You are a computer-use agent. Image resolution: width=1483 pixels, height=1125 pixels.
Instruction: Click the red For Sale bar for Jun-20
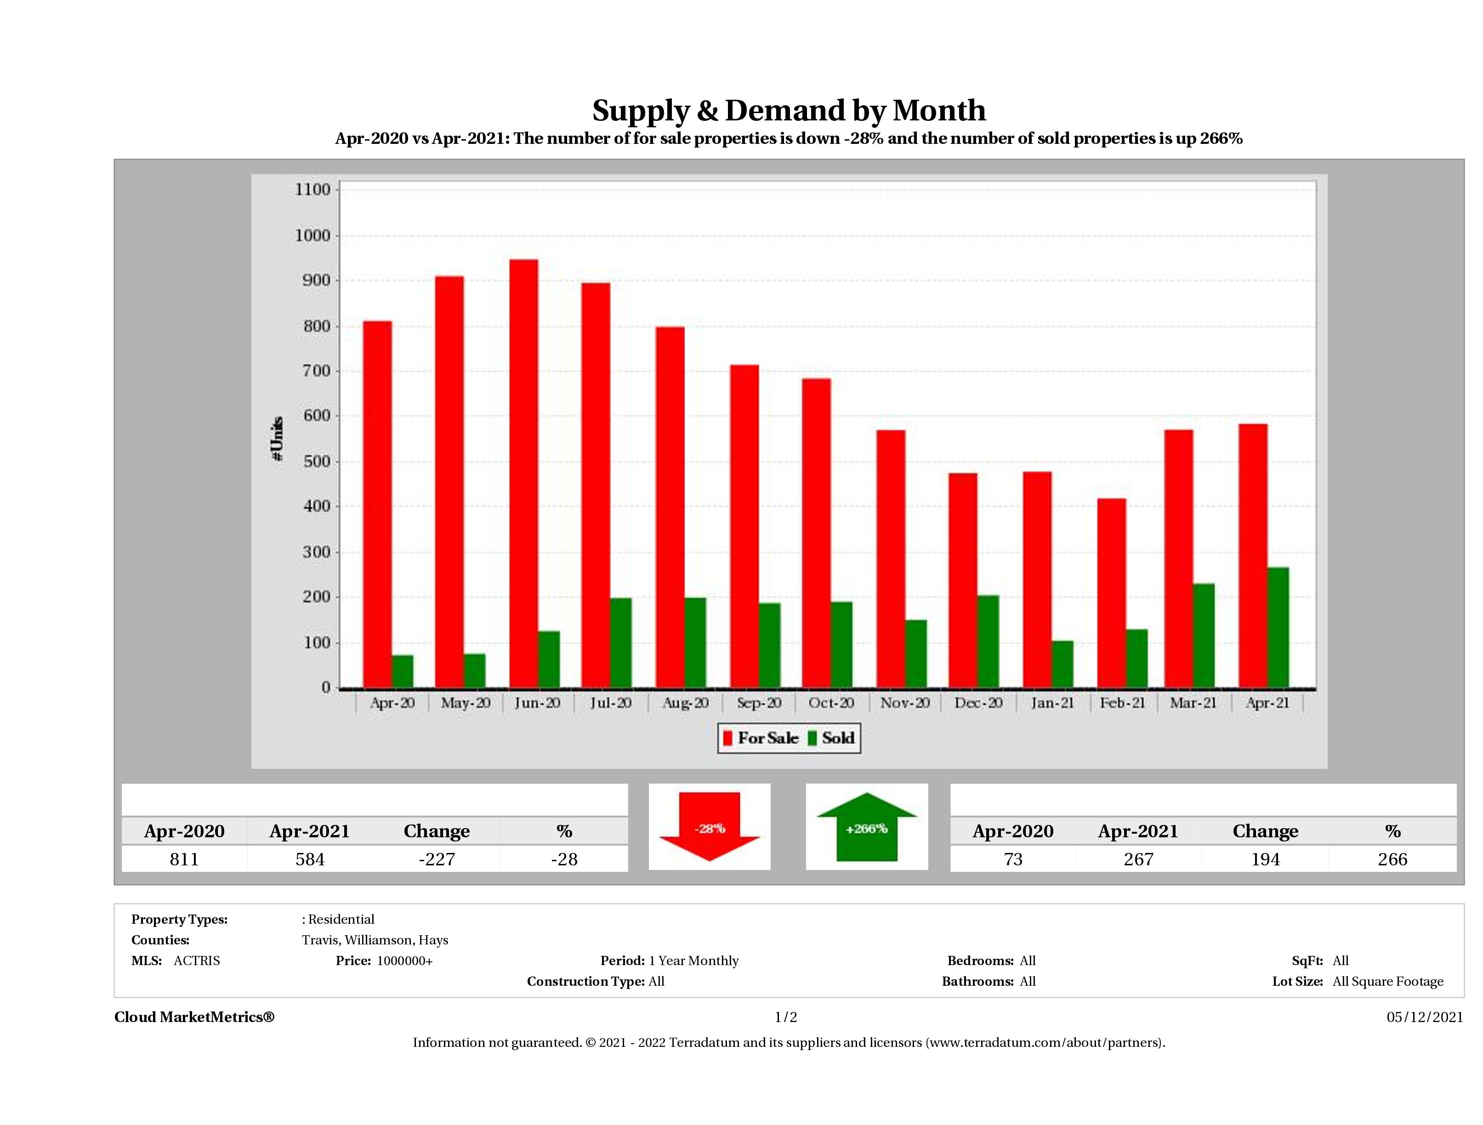[523, 473]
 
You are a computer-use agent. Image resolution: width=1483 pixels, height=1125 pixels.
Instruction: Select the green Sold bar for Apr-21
[1278, 628]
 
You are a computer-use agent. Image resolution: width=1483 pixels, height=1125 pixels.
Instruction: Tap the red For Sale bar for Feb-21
[1112, 593]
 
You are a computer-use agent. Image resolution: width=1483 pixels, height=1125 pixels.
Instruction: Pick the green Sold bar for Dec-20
[988, 641]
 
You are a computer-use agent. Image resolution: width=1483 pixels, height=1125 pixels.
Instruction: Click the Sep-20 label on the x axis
[759, 703]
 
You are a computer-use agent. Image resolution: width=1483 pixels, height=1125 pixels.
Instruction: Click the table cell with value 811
[184, 859]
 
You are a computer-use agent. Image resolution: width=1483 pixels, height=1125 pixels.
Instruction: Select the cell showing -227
[437, 859]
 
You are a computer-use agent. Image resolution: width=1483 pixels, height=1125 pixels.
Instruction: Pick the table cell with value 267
[1138, 859]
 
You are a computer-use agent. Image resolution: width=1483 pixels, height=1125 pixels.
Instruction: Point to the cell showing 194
[1265, 859]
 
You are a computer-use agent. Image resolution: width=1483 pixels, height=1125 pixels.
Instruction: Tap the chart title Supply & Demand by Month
[789, 111]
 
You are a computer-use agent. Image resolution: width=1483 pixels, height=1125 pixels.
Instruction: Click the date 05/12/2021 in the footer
[1425, 1017]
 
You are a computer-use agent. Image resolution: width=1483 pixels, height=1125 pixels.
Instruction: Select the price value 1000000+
[404, 961]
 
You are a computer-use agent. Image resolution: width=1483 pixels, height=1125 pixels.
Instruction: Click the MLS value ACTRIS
[196, 961]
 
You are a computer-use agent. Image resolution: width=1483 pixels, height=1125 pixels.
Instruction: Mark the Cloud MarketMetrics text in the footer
[194, 1017]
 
